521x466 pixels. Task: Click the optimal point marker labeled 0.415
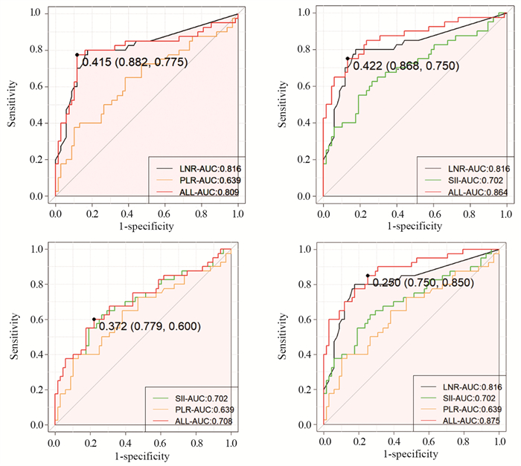click(x=77, y=54)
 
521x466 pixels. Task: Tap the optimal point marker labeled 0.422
click(x=347, y=59)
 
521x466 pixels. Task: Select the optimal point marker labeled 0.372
click(x=94, y=320)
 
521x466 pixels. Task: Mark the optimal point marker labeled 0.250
click(x=368, y=275)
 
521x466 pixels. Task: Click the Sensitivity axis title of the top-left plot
click(x=13, y=104)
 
